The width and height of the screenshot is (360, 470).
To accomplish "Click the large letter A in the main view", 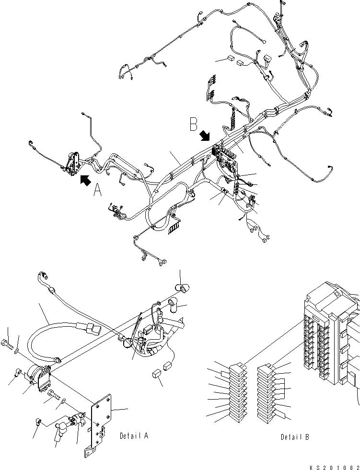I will pyautogui.click(x=98, y=191).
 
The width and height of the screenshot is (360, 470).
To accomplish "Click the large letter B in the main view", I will pyautogui.click(x=194, y=125).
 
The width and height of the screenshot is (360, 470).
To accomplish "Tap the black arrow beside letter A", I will pyautogui.click(x=85, y=180).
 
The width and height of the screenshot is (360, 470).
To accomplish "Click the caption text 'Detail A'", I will pyautogui.click(x=134, y=436).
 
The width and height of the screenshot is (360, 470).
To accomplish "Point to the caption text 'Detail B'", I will pyautogui.click(x=295, y=437).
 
